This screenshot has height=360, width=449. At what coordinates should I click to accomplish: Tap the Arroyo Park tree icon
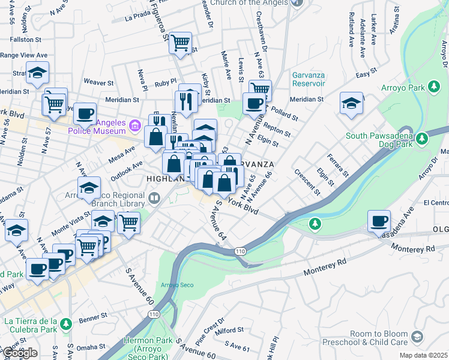[433, 88]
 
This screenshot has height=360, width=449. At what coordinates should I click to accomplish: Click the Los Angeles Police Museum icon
[134, 125]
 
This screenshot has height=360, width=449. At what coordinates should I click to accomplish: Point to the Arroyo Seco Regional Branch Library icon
[155, 197]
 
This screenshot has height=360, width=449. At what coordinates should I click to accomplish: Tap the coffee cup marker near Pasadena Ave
[379, 221]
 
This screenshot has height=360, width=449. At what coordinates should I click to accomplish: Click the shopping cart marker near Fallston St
[180, 43]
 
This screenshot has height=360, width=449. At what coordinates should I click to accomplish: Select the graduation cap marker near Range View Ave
[37, 73]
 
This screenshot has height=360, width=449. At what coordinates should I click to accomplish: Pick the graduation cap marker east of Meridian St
[351, 103]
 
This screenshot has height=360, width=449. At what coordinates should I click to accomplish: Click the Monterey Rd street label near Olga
[413, 248]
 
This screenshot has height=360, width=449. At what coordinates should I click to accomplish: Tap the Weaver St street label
[98, 82]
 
